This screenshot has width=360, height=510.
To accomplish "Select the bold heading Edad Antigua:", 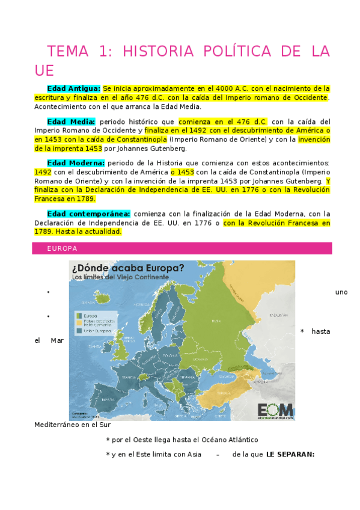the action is [75, 88].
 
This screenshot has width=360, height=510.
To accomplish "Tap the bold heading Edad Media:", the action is [71, 121].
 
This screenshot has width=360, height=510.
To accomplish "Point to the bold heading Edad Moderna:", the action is [76, 162].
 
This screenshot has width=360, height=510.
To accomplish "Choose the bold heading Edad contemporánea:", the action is [89, 213].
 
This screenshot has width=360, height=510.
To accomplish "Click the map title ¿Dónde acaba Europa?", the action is [128, 268].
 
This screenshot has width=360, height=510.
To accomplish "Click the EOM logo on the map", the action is [275, 408].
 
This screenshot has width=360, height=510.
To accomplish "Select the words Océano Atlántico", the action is [232, 440].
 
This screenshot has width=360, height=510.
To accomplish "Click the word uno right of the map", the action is [341, 292].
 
